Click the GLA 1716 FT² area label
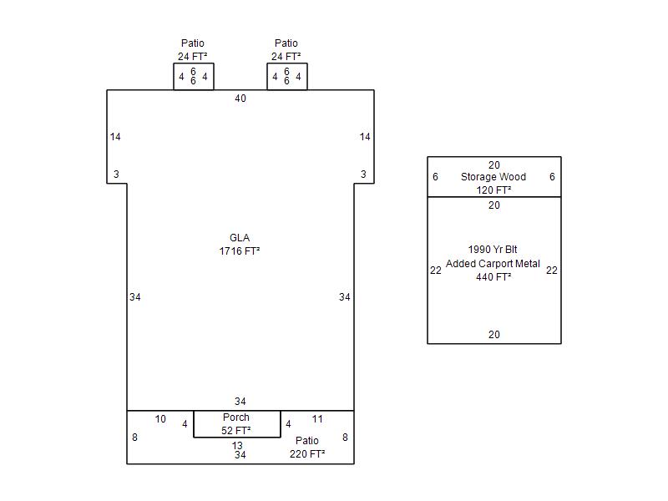tap(240, 245)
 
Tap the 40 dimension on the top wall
tap(240, 99)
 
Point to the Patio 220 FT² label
tap(307, 448)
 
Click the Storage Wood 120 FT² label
tap(493, 183)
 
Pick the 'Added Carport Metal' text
tap(493, 264)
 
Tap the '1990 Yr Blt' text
tap(493, 249)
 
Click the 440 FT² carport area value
tap(493, 277)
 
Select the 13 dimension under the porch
tap(237, 446)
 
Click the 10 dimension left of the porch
tap(160, 419)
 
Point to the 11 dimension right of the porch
tap(317, 419)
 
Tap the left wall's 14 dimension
tap(115, 137)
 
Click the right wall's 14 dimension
tap(365, 137)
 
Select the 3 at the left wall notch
tap(116, 175)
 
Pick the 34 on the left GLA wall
tap(135, 297)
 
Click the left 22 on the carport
tap(435, 271)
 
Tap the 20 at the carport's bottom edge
tap(494, 335)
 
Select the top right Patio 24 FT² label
tap(286, 50)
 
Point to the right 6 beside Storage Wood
tap(552, 177)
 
